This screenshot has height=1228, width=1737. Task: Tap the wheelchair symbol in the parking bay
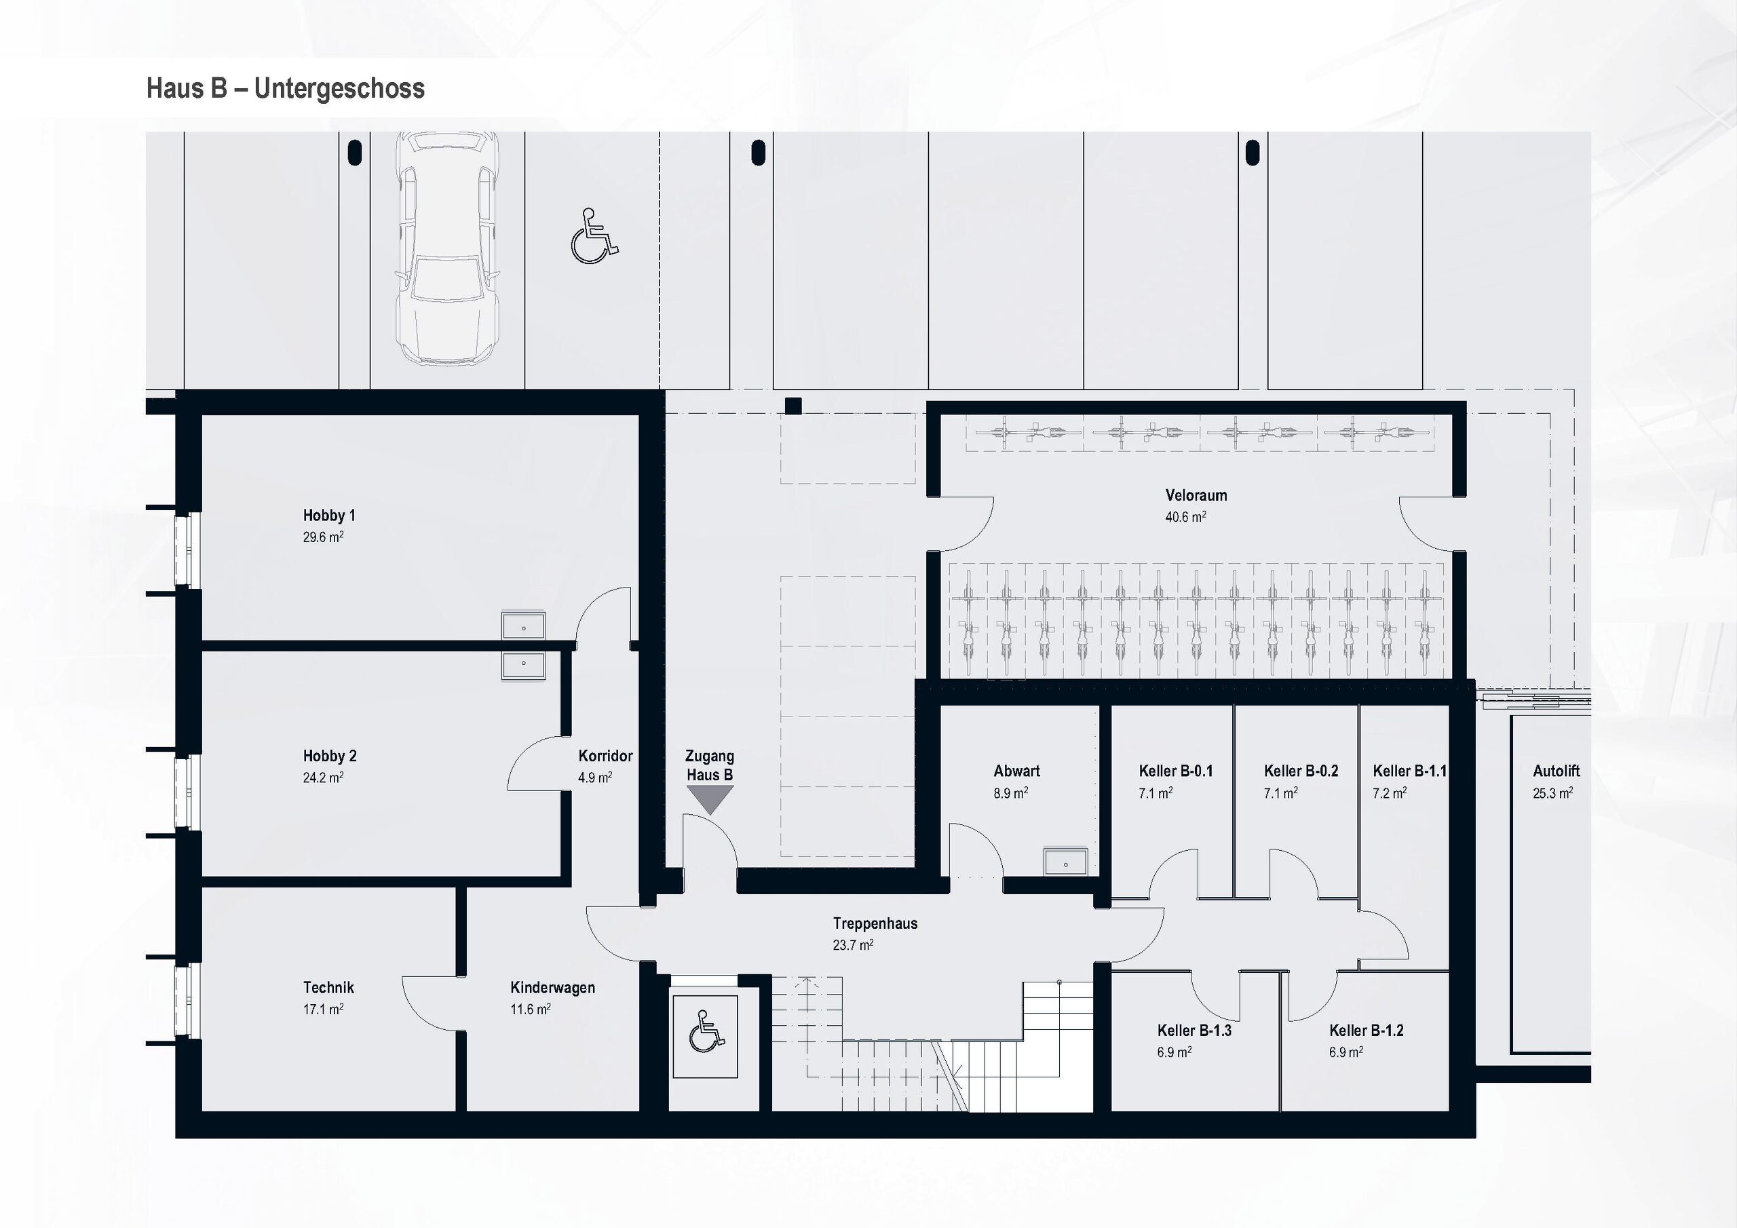coord(594,236)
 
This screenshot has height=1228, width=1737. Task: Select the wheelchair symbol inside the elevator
coord(706,1031)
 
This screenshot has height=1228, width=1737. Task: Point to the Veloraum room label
coord(1196,495)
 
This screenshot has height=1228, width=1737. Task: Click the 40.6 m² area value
coord(1185,518)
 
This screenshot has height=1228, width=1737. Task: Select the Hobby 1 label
coord(329,515)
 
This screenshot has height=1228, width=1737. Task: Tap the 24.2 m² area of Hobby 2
coord(323,777)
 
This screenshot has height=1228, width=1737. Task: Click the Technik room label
coord(328,987)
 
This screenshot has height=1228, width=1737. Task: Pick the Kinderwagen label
coord(552,987)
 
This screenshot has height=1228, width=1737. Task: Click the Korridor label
coord(605,756)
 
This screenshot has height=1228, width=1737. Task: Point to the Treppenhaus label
coord(875,923)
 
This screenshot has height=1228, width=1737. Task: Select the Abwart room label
coord(1017,771)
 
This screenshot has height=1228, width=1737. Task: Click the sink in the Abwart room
coord(1065,862)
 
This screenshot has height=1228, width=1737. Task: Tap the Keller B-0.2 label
coord(1301,771)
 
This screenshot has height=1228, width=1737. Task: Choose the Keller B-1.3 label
coord(1194,1031)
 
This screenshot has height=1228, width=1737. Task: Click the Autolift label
coord(1557,771)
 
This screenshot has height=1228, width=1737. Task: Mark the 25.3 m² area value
coord(1552,794)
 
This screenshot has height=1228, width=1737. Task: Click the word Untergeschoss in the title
coord(339,88)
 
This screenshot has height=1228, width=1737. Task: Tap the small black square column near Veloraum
coord(793,406)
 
